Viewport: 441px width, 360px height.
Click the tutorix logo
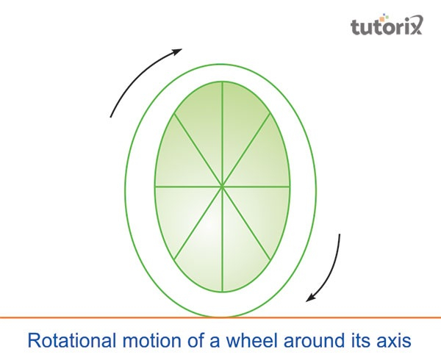pos(387,25)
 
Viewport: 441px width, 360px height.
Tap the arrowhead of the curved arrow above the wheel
pos(177,51)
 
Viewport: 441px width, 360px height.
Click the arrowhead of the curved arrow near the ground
pos(311,298)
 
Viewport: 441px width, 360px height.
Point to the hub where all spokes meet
pos(222,187)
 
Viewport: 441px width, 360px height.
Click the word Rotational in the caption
pos(72,340)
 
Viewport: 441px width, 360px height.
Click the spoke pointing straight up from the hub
pos(223,134)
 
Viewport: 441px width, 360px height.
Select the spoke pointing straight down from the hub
pos(223,240)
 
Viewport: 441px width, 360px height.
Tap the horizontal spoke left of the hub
pos(188,187)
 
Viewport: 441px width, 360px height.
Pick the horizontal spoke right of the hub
pos(256,187)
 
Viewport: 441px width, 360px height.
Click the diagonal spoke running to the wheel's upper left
pos(198,150)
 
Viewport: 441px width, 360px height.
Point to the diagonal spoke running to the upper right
pos(246,150)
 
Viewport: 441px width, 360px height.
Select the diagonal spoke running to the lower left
pos(198,223)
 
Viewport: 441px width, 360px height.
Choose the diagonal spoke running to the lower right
pos(247,223)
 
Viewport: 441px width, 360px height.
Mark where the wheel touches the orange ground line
pos(221,317)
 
